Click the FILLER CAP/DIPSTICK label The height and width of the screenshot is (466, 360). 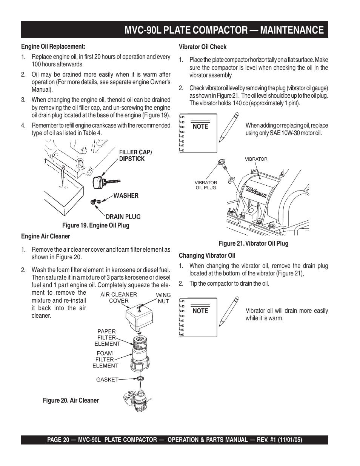pyautogui.click(x=135, y=155)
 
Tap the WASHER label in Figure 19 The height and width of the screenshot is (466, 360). pyautogui.click(x=126, y=195)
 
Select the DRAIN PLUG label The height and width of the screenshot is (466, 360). pyautogui.click(x=123, y=217)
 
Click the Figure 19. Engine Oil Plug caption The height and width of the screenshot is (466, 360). pyautogui.click(x=95, y=225)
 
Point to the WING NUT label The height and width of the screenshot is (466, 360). pyautogui.click(x=163, y=298)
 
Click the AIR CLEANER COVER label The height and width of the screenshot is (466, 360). pyautogui.click(x=118, y=298)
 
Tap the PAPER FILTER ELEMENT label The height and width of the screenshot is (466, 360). pyautogui.click(x=107, y=338)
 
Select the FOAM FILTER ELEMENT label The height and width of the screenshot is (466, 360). pyautogui.click(x=106, y=360)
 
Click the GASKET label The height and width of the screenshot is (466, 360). pyautogui.click(x=107, y=380)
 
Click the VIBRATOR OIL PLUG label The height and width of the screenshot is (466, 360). pyautogui.click(x=206, y=185)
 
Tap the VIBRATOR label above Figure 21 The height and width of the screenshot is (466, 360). pyautogui.click(x=256, y=159)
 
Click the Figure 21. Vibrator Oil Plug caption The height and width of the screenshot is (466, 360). pyautogui.click(x=253, y=243)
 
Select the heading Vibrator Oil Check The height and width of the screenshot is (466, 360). pyautogui.click(x=203, y=47)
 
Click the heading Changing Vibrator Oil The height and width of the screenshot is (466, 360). pyautogui.click(x=207, y=255)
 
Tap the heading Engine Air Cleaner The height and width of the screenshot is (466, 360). pyautogui.click(x=45, y=236)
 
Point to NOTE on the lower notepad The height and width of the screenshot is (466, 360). pyautogui.click(x=200, y=311)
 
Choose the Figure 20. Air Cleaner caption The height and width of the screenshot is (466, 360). pyautogui.click(x=71, y=400)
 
